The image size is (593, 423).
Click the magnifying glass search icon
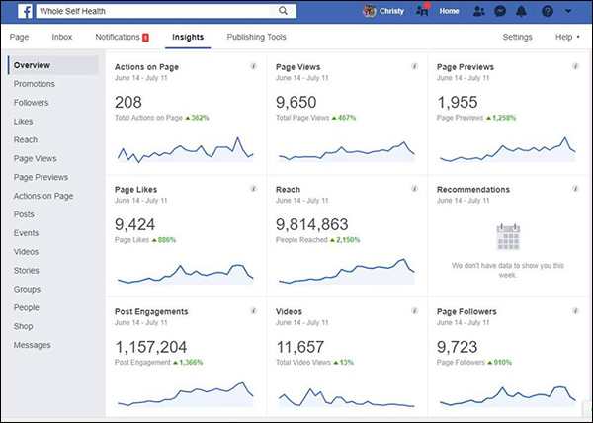(284, 11)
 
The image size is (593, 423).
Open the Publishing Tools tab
(256, 37)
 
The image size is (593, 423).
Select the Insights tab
(188, 37)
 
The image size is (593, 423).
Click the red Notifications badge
(145, 38)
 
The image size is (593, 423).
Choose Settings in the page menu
(517, 37)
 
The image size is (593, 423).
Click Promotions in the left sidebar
(35, 84)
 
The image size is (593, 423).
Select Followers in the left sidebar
(33, 103)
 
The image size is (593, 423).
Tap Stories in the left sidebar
(28, 270)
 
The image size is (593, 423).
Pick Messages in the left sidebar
(33, 345)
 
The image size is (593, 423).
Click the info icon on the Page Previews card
(576, 67)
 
